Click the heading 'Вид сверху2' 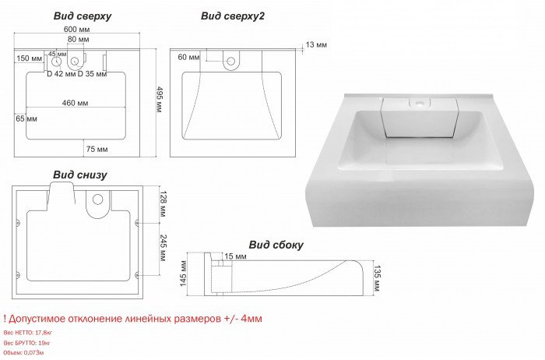(233, 15)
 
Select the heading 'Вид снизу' (80, 175)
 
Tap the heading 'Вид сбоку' (276, 244)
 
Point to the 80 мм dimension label (77, 39)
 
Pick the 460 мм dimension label (75, 103)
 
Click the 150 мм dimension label (29, 58)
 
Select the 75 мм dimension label (97, 148)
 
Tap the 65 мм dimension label (26, 118)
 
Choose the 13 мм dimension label (317, 44)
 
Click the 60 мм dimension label (189, 58)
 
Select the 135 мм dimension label (378, 277)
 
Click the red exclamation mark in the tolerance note (5, 319)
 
